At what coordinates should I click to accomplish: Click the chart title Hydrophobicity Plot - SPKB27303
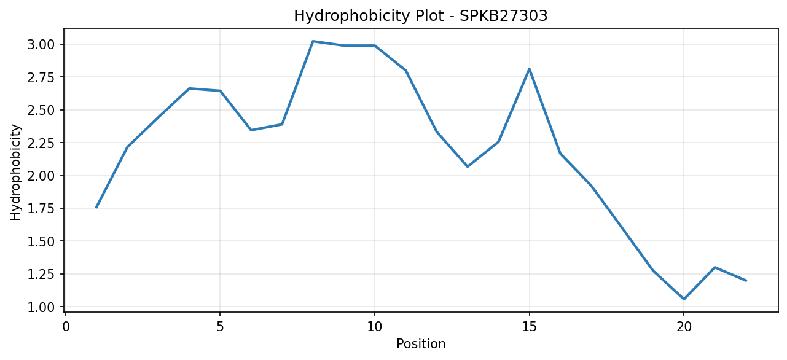coord(421,16)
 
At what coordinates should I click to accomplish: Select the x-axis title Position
coord(421,344)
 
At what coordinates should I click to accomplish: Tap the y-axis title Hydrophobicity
coord(15,173)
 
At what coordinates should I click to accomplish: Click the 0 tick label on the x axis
coord(66,327)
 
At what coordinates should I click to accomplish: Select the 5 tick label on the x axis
coord(220,327)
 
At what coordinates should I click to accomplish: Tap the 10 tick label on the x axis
coord(375,327)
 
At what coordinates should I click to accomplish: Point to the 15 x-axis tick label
coord(529,327)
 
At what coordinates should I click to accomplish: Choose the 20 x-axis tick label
coord(684,327)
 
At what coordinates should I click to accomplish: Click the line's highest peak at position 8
coord(313,41)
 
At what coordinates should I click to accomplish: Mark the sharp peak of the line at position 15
coord(529,69)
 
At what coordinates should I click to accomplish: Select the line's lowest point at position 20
coord(684,299)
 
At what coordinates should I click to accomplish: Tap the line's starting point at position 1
coord(96,208)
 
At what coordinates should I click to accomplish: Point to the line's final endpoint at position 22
coord(746,281)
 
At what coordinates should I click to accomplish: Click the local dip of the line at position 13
coord(468,166)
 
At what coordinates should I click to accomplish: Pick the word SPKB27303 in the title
coord(503,16)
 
